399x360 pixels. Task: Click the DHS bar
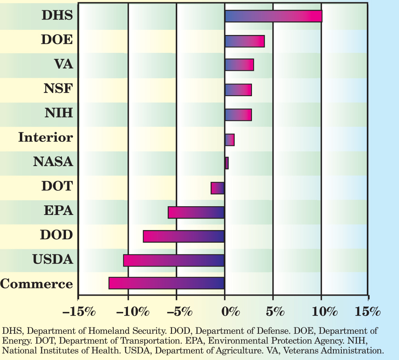coord(273,16)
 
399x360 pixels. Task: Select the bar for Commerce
coord(167,283)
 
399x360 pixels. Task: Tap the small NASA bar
coord(227,163)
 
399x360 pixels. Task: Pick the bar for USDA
coord(174,260)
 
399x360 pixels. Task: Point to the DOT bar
coord(218,188)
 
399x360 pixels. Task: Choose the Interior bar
coord(230,140)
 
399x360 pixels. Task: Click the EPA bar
coord(196,212)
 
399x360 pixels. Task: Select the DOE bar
coord(245,41)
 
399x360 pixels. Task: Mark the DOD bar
coord(184,236)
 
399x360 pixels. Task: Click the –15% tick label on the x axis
coord(79,311)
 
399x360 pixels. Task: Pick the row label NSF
coord(58,89)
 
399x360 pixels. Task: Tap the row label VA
coord(63,64)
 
